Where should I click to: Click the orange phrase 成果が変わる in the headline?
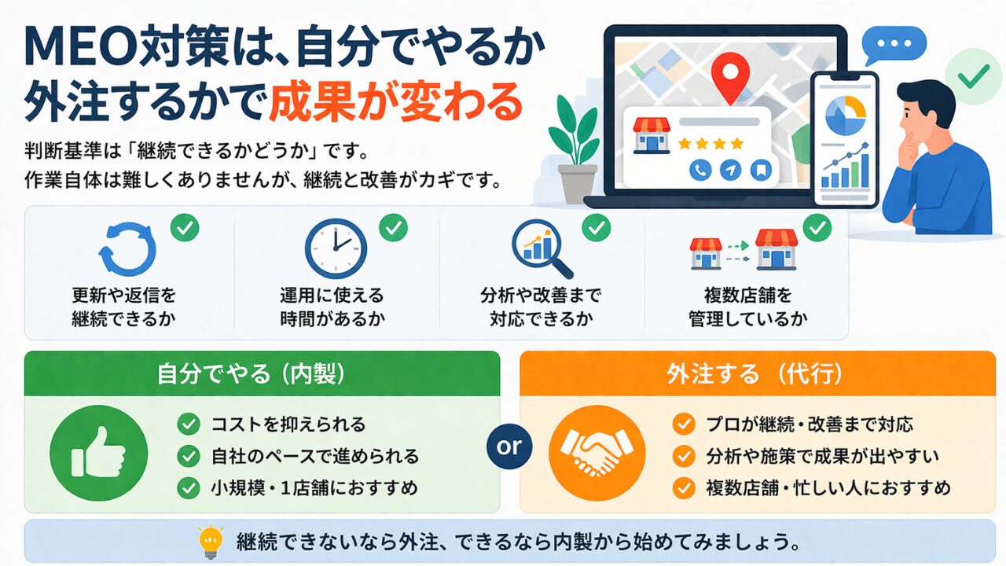(x=396, y=101)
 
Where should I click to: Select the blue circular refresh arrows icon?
(x=127, y=249)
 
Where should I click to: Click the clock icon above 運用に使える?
(x=336, y=249)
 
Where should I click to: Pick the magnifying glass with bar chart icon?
(x=542, y=249)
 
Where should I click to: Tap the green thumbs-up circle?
(x=99, y=453)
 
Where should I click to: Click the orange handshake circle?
(x=597, y=453)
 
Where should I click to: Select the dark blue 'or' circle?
(x=509, y=447)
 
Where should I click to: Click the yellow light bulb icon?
(x=211, y=542)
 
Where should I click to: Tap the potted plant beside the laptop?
(x=576, y=149)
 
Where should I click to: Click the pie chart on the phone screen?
(x=846, y=115)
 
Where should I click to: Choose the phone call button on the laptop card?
(x=700, y=171)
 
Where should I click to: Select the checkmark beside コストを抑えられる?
(x=189, y=424)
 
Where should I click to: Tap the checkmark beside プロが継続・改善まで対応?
(x=684, y=424)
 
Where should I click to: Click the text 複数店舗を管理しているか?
(x=747, y=307)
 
